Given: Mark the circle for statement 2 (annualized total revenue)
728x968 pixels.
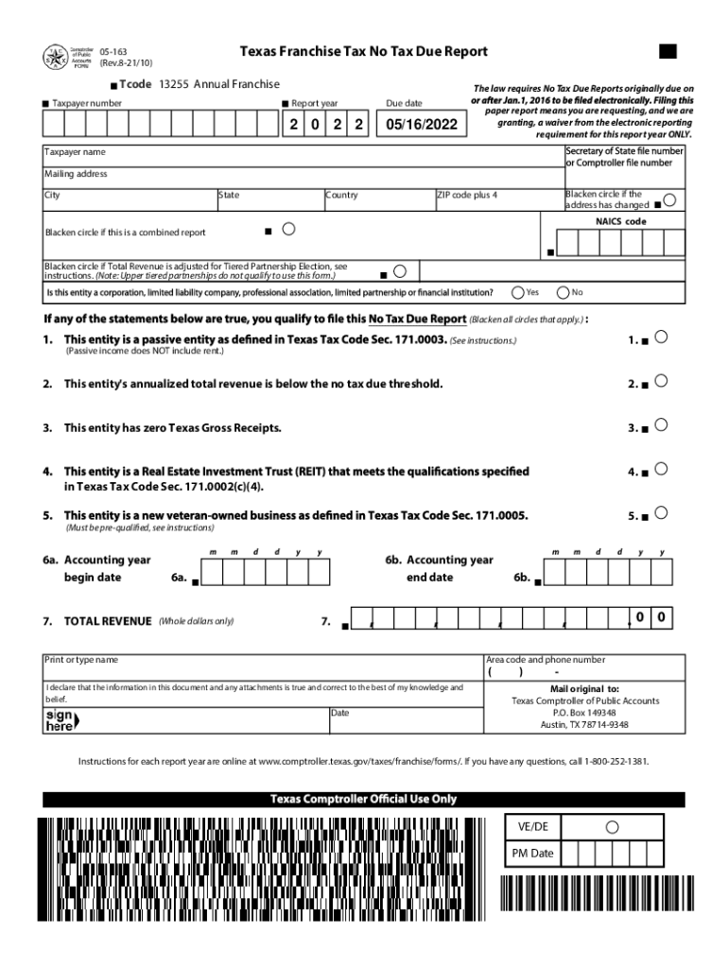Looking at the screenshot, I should tap(662, 381).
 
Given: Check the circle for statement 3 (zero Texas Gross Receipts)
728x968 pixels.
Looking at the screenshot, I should tap(662, 424).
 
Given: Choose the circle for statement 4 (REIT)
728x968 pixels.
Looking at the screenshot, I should tap(662, 468).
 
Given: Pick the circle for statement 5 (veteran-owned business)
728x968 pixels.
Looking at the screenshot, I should tap(662, 512).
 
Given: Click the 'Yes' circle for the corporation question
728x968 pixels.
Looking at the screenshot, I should tap(518, 292).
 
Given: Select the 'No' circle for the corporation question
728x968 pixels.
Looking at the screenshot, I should tap(564, 292).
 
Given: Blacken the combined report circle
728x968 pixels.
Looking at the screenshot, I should tap(288, 229).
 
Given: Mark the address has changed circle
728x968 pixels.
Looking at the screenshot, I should tap(669, 200).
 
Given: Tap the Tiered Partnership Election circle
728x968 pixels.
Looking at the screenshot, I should tap(399, 271).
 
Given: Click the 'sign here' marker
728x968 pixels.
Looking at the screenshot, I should tap(61, 720).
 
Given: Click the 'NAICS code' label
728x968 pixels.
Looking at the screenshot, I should tap(620, 221).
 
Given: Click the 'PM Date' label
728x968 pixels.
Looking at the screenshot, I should tap(532, 854).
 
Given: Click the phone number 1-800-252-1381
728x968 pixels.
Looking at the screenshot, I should tap(616, 761).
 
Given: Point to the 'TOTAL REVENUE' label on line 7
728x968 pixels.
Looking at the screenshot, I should tap(107, 621).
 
